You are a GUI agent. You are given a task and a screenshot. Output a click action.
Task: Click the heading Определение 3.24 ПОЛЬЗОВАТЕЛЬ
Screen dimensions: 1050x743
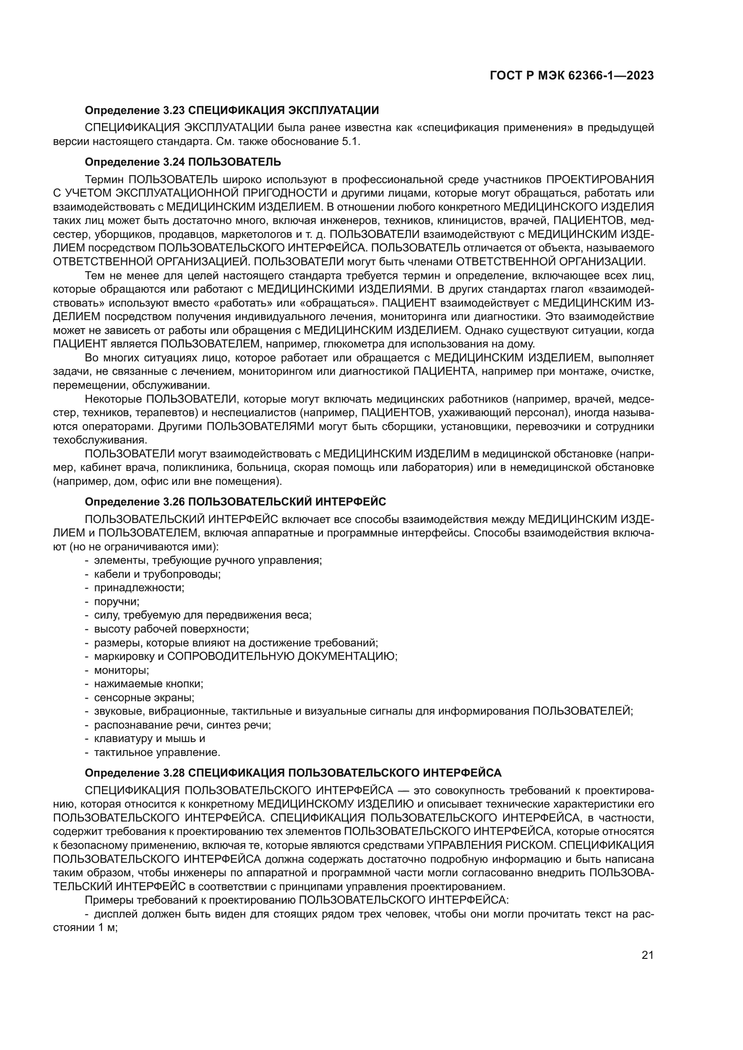[182, 162]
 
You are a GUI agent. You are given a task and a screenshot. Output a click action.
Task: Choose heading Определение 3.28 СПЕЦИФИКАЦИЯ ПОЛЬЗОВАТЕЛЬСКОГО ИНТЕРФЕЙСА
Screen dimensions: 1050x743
[293, 773]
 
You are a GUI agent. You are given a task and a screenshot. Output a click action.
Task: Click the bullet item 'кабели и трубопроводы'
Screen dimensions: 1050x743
[157, 574]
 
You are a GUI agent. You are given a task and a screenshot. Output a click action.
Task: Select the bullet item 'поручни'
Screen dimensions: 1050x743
[117, 602]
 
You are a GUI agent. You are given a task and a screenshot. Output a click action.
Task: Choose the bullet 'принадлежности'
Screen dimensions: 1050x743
[139, 588]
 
